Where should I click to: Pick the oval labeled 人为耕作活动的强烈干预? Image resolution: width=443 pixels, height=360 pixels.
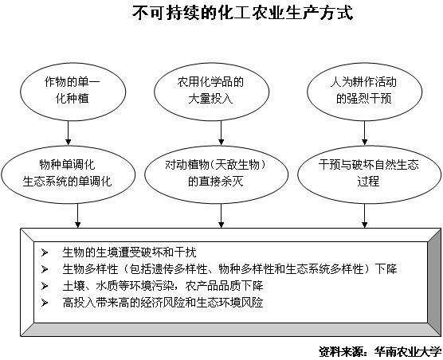pyautogui.click(x=364, y=89)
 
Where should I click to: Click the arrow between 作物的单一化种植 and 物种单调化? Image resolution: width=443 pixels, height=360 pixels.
pyautogui.click(x=69, y=129)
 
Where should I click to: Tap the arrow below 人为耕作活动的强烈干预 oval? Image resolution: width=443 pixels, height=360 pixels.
pyautogui.click(x=365, y=129)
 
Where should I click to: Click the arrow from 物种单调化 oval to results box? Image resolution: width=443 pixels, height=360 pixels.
pyautogui.click(x=78, y=215)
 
